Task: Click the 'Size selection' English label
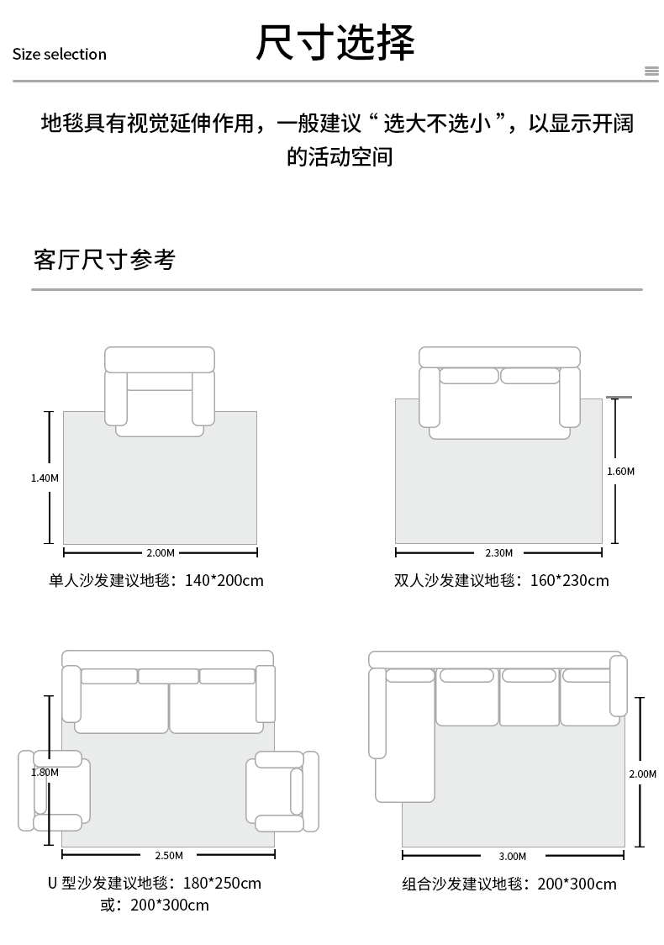[60, 55]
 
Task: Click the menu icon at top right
[651, 71]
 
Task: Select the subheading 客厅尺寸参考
[104, 260]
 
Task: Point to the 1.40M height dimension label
[45, 478]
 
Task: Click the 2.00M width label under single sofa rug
[160, 553]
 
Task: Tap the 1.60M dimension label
[620, 472]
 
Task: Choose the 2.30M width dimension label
[498, 553]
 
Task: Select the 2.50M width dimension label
[169, 856]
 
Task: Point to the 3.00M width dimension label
[512, 857]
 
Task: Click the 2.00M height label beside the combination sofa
[642, 773]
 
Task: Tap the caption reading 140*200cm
[155, 581]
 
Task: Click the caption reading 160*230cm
[501, 581]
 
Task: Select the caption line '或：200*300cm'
[155, 905]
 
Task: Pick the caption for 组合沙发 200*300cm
[509, 884]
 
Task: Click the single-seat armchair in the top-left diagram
[160, 391]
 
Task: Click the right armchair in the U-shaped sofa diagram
[282, 790]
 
